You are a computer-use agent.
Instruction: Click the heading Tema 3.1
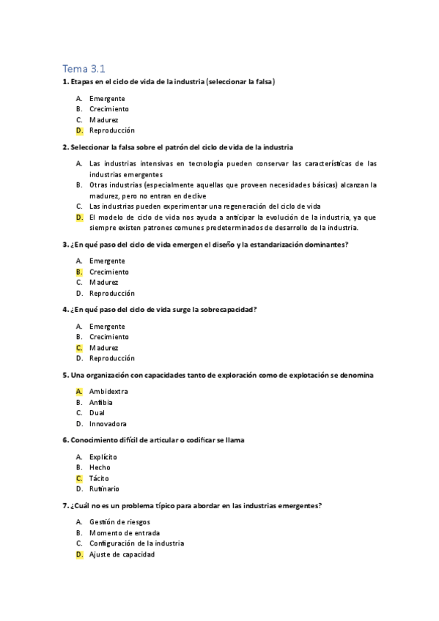coord(84,69)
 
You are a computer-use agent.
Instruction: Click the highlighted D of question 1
coord(78,130)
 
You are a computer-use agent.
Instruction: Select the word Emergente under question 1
coord(107,98)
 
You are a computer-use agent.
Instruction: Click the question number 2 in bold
coord(65,146)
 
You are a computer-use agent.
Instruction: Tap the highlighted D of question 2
coord(78,217)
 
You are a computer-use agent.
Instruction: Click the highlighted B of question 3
coord(78,272)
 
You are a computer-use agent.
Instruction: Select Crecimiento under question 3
coord(109,272)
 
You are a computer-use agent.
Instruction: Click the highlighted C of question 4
coord(78,348)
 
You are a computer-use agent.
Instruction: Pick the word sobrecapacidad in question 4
coord(225,310)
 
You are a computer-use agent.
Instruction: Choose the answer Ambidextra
coord(108,391)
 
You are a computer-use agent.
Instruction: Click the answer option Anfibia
coord(101,402)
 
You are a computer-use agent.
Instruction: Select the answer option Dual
coord(97,412)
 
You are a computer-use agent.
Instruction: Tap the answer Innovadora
coord(108,423)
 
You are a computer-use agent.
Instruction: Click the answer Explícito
coord(103,456)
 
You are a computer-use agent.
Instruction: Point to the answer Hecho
coord(100,467)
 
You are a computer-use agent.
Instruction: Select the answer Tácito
coord(99,478)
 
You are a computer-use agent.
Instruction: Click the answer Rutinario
coord(104,488)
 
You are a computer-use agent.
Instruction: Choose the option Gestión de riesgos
coord(121,521)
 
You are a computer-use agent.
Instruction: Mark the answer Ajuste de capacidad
coord(122,554)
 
